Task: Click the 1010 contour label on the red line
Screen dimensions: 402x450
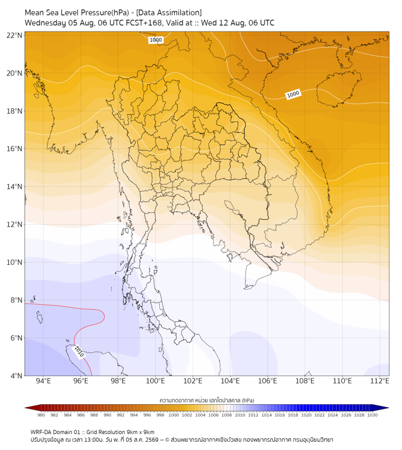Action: tap(79, 352)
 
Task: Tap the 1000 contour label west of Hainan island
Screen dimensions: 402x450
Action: tap(293, 94)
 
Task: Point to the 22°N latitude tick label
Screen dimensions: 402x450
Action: tap(14, 35)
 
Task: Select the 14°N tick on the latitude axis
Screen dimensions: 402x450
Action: tap(14, 186)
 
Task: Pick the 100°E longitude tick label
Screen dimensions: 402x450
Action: tap(155, 381)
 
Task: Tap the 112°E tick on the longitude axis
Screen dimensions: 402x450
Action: tap(379, 381)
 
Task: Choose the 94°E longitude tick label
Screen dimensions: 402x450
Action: tap(43, 381)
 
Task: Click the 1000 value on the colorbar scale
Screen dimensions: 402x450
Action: tap(174, 415)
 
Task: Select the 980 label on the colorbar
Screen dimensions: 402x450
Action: tap(41, 415)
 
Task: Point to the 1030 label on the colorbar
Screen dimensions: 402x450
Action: tap(372, 415)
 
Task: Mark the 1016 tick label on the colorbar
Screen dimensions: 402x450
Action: tap(279, 415)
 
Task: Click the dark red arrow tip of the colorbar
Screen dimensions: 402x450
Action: tap(25, 408)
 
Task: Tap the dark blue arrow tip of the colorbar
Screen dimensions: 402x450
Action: tap(388, 408)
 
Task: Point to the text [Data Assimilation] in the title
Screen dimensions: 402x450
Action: tap(169, 12)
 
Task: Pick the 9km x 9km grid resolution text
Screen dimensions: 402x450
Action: tap(140, 432)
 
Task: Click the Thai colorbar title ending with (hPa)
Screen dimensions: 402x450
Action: tap(207, 400)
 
